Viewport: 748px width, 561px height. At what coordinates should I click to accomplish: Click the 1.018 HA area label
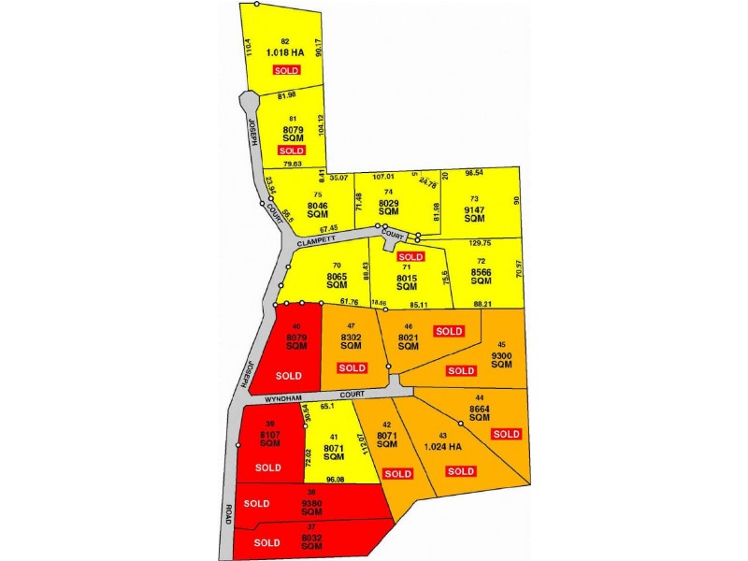click(x=285, y=52)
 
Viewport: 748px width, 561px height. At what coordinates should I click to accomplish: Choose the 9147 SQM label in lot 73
click(x=480, y=216)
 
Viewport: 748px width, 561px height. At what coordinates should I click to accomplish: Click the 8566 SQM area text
click(x=481, y=276)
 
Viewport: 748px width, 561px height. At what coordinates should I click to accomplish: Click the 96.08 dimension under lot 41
click(x=336, y=480)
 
